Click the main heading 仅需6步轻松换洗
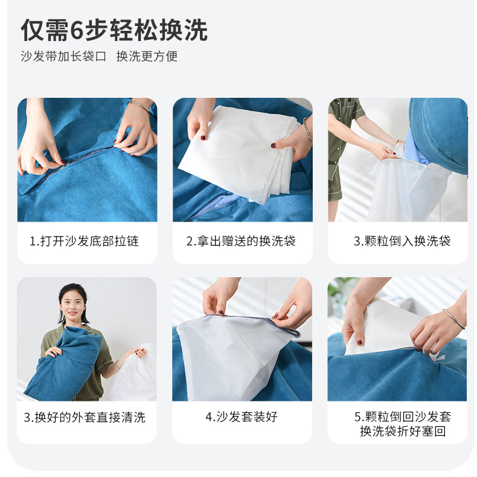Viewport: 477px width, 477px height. tap(114, 30)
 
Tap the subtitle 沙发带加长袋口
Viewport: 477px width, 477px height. tap(63, 56)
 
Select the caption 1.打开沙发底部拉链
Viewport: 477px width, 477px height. tap(84, 241)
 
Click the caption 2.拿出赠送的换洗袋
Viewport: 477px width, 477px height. tap(241, 241)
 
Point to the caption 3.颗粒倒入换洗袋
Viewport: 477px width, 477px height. tap(402, 241)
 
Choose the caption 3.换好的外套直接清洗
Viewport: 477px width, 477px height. tap(85, 417)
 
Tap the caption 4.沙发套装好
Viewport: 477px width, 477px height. tap(242, 417)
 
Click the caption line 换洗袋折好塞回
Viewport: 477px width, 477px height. tap(403, 431)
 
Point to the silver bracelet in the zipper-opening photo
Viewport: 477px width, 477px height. tap(141, 105)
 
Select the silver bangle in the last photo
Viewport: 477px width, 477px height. tap(454, 319)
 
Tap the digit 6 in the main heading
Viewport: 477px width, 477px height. tap(77, 30)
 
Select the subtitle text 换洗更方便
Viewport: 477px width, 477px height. tap(147, 56)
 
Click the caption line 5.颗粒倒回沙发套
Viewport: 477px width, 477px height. tap(403, 417)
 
